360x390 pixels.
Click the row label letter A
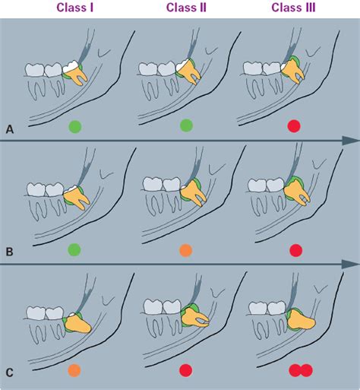tap(9, 130)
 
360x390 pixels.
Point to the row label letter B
tap(9, 249)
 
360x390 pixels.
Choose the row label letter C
tap(9, 372)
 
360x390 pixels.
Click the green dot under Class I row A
tap(74, 126)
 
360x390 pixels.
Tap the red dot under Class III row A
tap(295, 126)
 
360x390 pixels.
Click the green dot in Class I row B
tap(74, 249)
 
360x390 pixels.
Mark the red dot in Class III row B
tap(295, 249)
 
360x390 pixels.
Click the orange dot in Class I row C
tap(74, 372)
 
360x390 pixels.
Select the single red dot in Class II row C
tap(185, 372)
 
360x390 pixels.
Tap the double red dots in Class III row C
tap(299, 371)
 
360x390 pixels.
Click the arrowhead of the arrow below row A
tap(350, 141)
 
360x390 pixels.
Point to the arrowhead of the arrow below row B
tap(350, 264)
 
